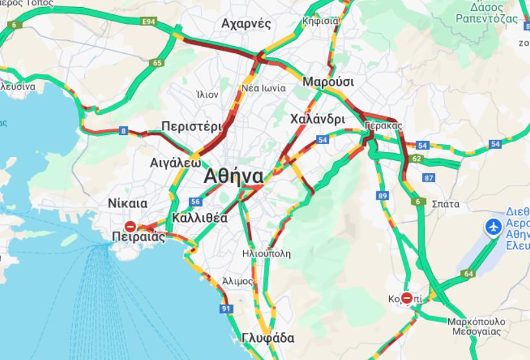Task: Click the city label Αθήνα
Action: coord(233,176)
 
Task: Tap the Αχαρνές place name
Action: coord(246,24)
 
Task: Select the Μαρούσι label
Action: coord(328,82)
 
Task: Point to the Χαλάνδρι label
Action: coord(317,119)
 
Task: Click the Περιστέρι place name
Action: coord(191,126)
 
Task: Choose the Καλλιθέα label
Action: coord(200,218)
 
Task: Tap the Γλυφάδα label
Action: coord(267,338)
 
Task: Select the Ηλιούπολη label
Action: coord(267,253)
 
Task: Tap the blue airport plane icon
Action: coord(493,227)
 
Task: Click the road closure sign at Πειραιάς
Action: coord(130,226)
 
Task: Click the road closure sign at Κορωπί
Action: coord(407,298)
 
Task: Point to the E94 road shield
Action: coord(151,21)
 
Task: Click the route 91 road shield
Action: coord(226,309)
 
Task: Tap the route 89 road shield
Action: coord(383,195)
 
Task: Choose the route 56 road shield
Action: coord(195,201)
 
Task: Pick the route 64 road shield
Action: coord(468,274)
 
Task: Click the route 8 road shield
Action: coord(123,132)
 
